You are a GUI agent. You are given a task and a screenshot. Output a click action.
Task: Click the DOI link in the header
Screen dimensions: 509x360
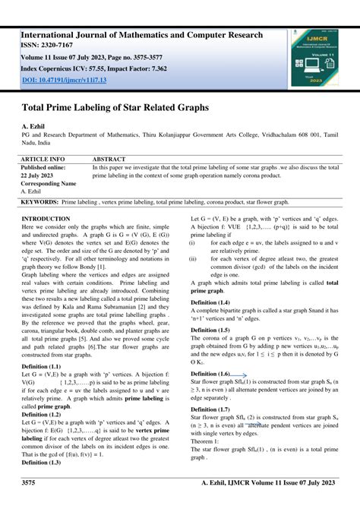point(64,79)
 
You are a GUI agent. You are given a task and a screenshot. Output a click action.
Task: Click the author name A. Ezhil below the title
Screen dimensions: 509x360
point(35,125)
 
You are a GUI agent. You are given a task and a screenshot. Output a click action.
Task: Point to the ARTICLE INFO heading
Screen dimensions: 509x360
point(43,160)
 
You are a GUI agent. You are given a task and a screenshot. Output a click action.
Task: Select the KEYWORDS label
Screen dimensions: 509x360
point(39,203)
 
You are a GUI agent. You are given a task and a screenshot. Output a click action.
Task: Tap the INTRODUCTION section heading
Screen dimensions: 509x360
point(46,218)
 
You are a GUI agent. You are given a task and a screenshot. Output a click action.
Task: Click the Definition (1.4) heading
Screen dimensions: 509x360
point(210,302)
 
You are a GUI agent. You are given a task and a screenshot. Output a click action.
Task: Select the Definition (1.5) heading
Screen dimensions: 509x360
point(210,330)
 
